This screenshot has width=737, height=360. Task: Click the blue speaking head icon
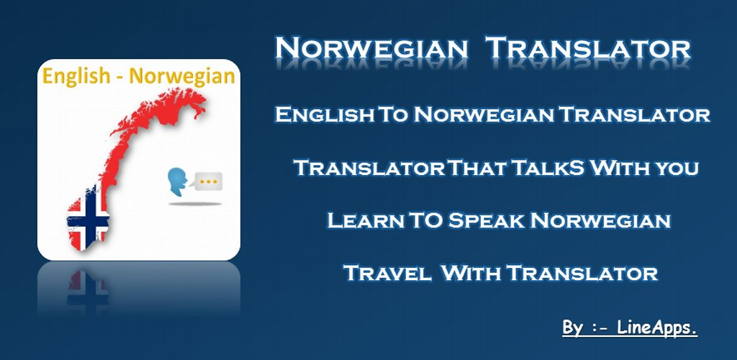tap(176, 184)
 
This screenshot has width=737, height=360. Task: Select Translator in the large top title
tap(587, 49)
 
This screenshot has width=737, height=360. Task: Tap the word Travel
tap(388, 273)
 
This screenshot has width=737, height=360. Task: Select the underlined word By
tap(573, 328)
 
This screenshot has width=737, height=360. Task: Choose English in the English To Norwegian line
tap(322, 114)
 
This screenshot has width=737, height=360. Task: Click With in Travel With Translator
tap(471, 273)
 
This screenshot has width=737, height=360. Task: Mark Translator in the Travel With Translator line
tap(582, 273)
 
